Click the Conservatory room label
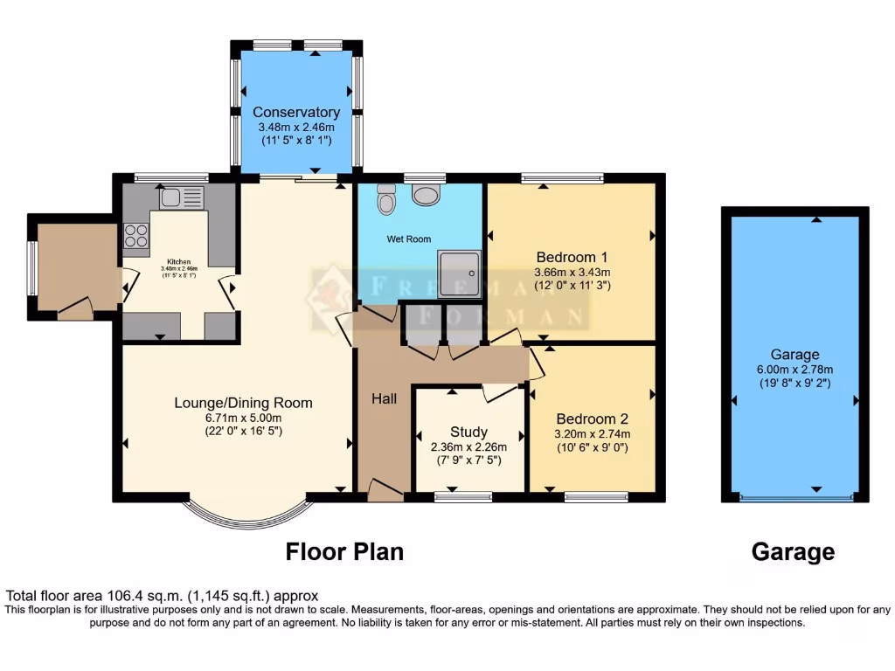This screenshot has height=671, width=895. click(296, 113)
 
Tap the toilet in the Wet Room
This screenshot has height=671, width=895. click(385, 200)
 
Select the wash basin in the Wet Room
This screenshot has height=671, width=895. click(426, 195)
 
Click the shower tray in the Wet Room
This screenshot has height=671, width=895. click(460, 273)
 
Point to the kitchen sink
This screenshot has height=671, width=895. click(181, 197)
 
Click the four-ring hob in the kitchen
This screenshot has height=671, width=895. click(135, 235)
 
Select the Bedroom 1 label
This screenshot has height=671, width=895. click(571, 258)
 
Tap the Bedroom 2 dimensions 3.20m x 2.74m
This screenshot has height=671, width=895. click(593, 433)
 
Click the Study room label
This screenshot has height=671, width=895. click(468, 432)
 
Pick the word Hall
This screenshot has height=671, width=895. click(384, 399)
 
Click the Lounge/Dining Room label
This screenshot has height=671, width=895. click(243, 403)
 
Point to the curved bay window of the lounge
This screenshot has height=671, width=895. click(248, 519)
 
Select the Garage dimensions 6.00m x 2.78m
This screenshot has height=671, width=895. click(794, 370)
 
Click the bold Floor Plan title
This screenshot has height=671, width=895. click(344, 551)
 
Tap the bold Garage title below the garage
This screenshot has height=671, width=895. click(793, 551)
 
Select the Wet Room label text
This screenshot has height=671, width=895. click(409, 239)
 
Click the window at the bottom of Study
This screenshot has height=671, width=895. click(463, 497)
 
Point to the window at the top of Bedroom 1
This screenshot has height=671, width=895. click(562, 178)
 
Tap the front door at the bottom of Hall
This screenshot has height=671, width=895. click(385, 491)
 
